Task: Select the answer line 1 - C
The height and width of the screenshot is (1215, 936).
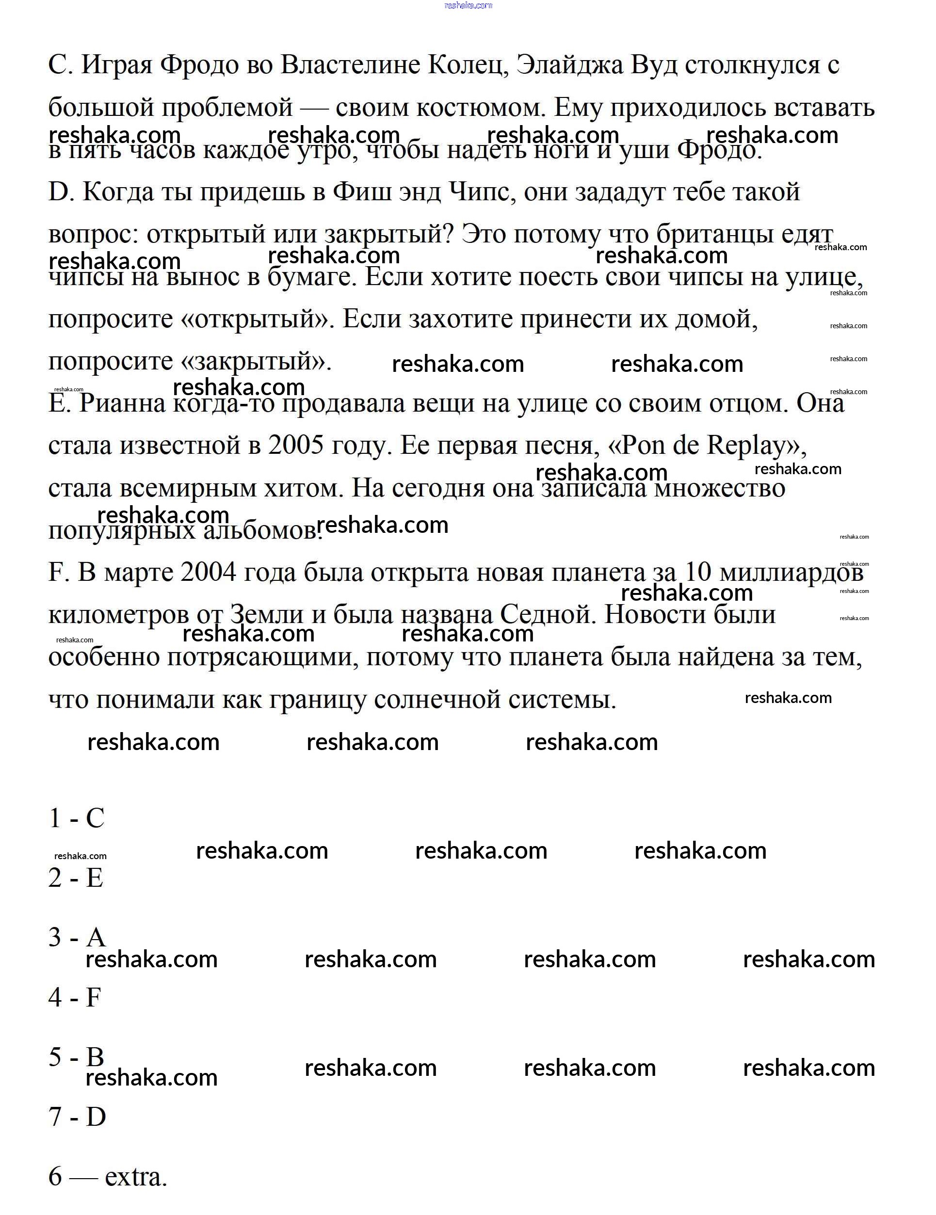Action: (x=77, y=818)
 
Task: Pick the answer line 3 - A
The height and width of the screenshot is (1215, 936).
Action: (x=77, y=937)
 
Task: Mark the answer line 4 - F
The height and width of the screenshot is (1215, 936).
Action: (x=75, y=997)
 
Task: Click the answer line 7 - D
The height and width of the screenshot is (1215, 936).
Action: (x=77, y=1116)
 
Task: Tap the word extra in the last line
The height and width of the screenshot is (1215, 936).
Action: (x=135, y=1176)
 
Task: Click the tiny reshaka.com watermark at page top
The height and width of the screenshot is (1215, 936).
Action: (x=468, y=5)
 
